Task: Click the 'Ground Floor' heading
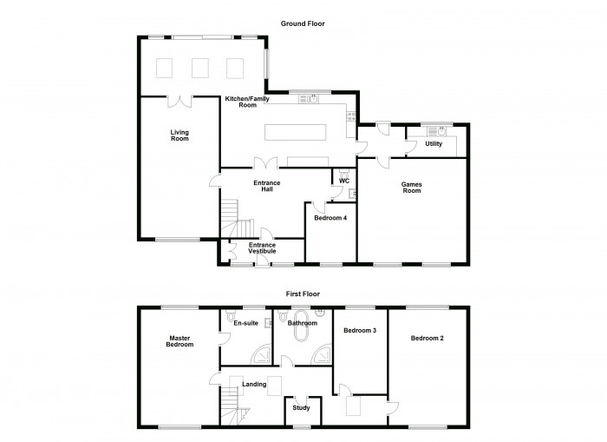[x=303, y=23]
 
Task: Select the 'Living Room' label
[x=179, y=135]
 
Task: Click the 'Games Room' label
[x=411, y=187]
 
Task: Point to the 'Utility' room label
[x=434, y=144]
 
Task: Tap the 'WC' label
[x=344, y=181]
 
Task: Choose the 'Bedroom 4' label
[x=331, y=218]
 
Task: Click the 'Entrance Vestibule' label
[x=262, y=248]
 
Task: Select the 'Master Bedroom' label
[x=179, y=341]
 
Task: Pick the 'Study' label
[x=301, y=407]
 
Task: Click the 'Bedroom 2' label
[x=428, y=338]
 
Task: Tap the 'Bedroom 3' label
[x=359, y=331]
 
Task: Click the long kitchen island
[x=295, y=132]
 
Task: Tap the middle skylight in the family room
[x=200, y=68]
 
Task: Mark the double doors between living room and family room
[x=180, y=102]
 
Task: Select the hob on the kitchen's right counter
[x=351, y=116]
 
